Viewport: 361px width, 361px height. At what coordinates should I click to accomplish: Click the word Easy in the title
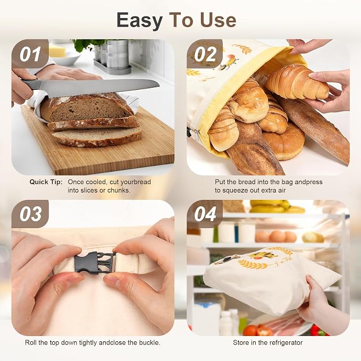(139, 21)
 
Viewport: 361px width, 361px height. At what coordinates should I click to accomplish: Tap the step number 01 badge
(30, 54)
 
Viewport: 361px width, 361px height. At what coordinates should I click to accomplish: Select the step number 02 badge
(205, 54)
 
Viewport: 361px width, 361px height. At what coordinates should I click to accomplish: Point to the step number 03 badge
(30, 214)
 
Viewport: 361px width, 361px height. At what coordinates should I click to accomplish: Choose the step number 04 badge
(205, 214)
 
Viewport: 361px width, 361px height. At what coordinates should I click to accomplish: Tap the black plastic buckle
(95, 263)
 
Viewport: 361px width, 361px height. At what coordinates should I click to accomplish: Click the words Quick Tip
(46, 182)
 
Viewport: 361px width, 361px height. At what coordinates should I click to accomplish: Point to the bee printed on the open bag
(228, 62)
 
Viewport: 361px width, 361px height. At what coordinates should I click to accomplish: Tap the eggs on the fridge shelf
(276, 237)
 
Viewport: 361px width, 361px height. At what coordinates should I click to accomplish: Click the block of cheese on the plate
(57, 51)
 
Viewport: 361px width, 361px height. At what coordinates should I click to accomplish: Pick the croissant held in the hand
(297, 83)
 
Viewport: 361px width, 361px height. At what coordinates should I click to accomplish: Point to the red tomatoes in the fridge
(258, 330)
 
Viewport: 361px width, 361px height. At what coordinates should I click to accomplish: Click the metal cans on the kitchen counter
(113, 55)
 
